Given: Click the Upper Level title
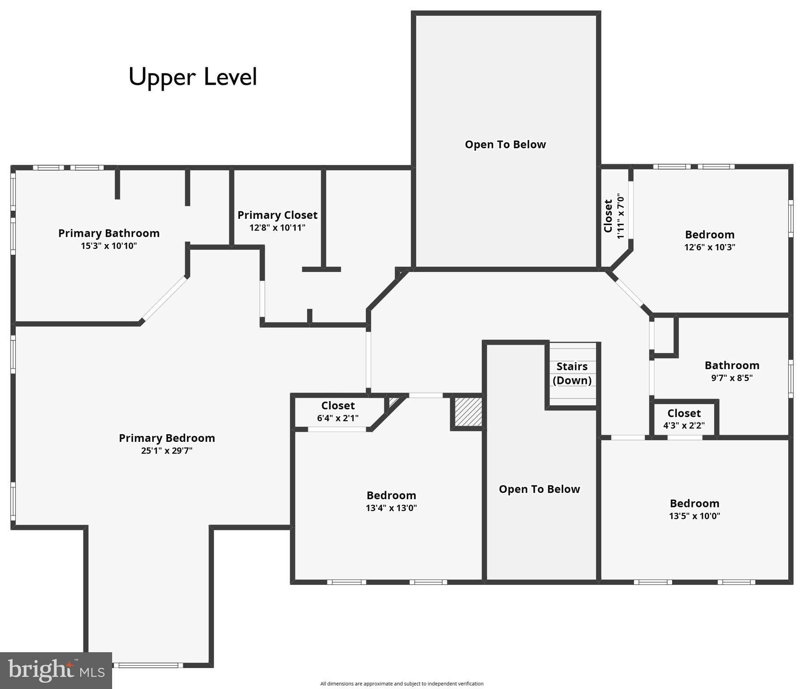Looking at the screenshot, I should (x=193, y=77).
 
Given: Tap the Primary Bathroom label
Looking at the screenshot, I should (x=109, y=233).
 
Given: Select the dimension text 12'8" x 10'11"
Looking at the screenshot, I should (x=277, y=228).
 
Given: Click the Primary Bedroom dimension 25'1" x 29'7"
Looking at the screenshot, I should (x=166, y=451).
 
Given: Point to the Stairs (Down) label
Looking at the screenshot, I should (x=572, y=373).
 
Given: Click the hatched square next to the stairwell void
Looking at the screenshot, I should (x=468, y=412).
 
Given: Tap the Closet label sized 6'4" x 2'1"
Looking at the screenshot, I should (x=338, y=406).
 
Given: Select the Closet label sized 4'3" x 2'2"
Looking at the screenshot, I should (x=684, y=414).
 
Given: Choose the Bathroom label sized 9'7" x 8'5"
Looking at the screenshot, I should (x=732, y=366).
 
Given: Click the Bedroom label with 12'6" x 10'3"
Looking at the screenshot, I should (x=709, y=235).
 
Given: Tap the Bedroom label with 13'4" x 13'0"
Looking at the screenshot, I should (x=391, y=496).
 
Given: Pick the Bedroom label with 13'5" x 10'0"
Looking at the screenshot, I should (x=694, y=504).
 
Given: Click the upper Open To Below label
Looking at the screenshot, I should (x=505, y=145).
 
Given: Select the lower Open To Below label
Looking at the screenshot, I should (x=539, y=489).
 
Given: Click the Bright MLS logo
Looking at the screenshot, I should (x=56, y=671).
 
